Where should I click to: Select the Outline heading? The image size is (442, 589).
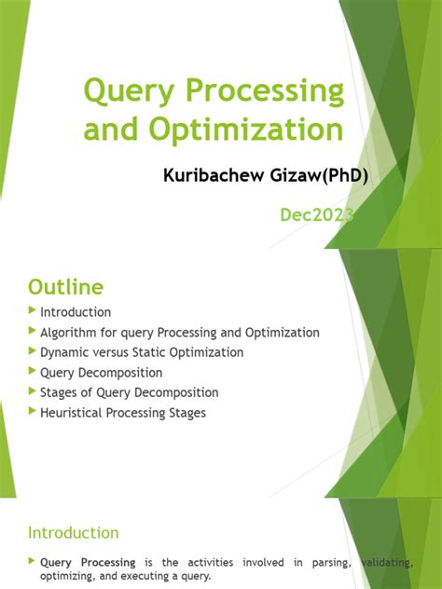click(x=66, y=285)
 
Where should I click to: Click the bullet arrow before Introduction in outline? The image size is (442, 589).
click(x=34, y=311)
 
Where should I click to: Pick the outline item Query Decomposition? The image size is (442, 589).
click(x=101, y=373)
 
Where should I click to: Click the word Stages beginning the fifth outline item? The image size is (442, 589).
click(x=61, y=392)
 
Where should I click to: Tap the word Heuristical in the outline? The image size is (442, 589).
click(x=74, y=412)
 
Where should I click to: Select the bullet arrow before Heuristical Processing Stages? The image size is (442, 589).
click(x=34, y=412)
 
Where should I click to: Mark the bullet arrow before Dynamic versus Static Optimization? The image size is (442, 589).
click(x=34, y=352)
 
